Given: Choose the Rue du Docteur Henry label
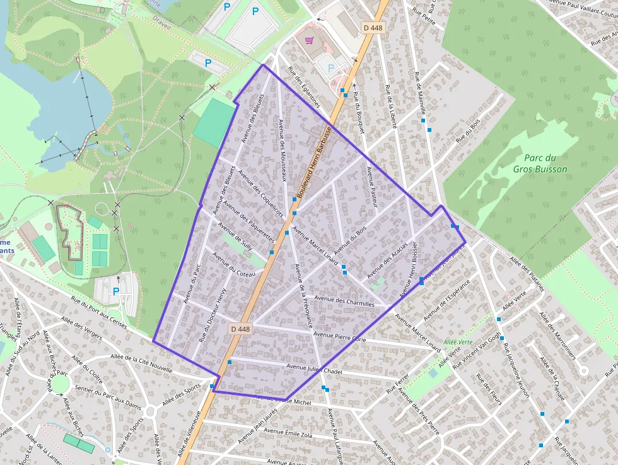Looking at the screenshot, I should click(x=213, y=315).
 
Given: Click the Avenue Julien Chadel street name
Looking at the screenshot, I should click(x=314, y=368).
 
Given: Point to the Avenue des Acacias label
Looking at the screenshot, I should click(x=387, y=260).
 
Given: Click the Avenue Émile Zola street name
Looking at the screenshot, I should click(x=288, y=433).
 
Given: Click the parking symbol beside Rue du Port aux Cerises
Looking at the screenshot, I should click(x=115, y=291).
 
